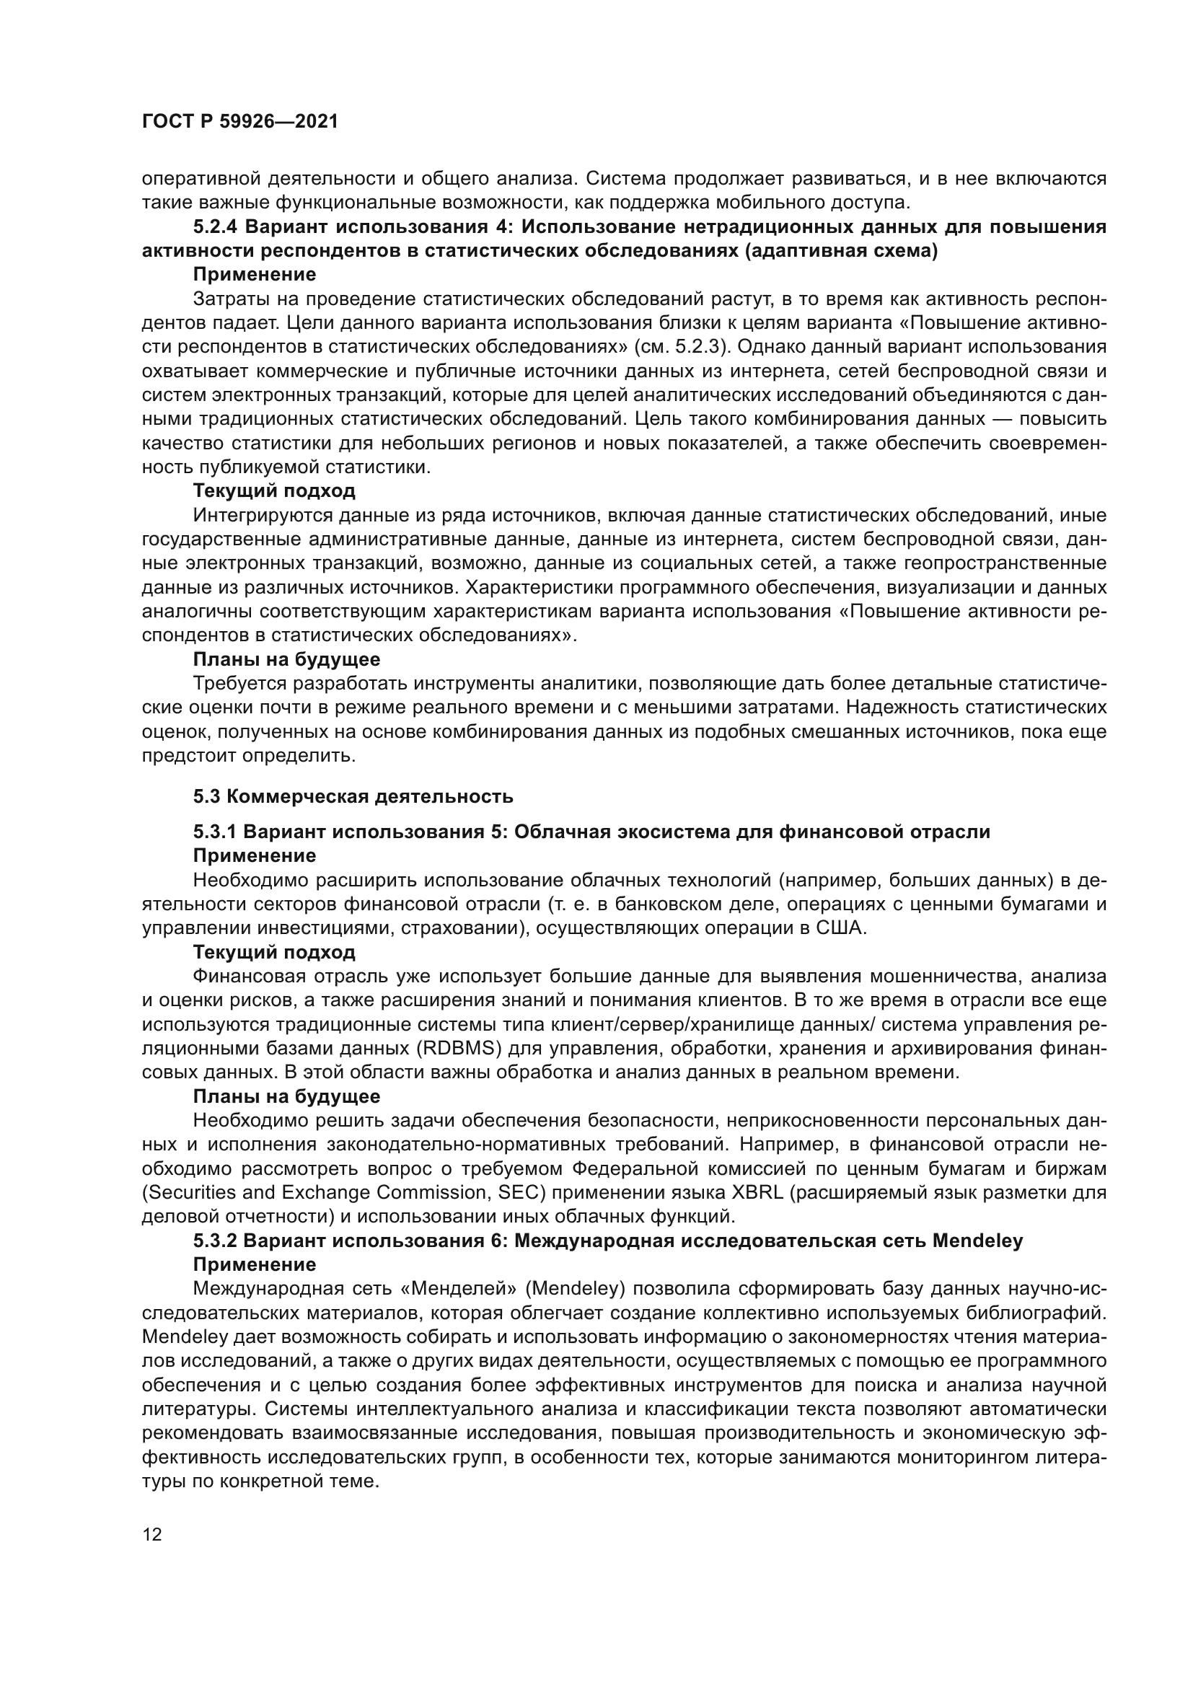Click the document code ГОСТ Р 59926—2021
[x=240, y=122]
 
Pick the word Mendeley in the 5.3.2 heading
[x=977, y=1241]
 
